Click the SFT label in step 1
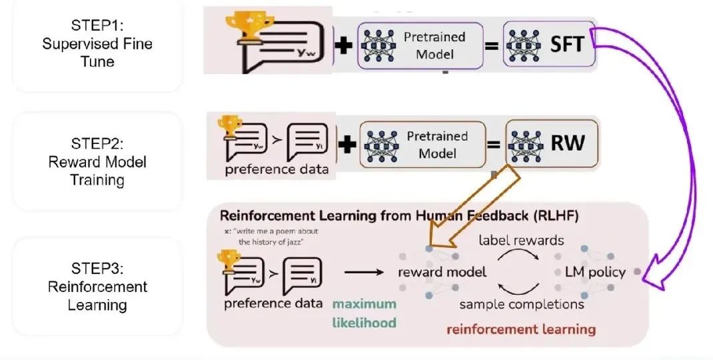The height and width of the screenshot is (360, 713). click(x=567, y=45)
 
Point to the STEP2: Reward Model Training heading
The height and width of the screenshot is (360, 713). click(x=97, y=162)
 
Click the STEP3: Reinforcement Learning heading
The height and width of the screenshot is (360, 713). click(x=97, y=287)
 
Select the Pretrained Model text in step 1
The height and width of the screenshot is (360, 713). click(x=434, y=45)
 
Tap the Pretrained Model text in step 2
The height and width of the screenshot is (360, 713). click(x=437, y=145)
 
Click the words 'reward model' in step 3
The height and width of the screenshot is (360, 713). click(x=442, y=272)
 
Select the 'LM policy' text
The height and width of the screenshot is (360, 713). click(x=595, y=272)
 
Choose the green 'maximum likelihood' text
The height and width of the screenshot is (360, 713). click(x=364, y=313)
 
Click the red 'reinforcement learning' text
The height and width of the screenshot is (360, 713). click(x=521, y=329)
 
